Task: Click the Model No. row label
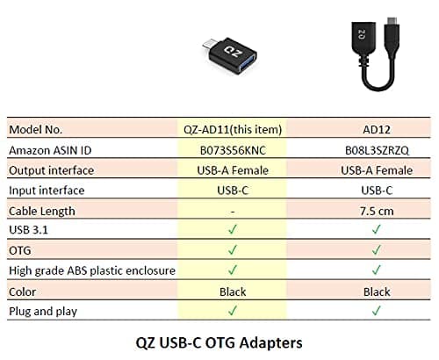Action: point(39,129)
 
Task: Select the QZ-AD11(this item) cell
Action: point(232,129)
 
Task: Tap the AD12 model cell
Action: point(376,129)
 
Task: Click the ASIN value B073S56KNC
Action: point(232,150)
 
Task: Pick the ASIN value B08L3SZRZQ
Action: point(376,150)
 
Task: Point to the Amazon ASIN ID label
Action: point(54,150)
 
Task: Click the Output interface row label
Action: point(50,170)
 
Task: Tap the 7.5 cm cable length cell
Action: point(376,211)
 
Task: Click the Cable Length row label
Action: point(42,211)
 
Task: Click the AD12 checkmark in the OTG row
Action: point(376,250)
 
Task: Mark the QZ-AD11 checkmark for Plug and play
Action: point(232,311)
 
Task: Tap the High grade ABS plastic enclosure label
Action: point(91,270)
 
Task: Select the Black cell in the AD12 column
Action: point(376,291)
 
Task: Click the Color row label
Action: point(23,291)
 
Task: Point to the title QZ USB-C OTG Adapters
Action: point(219,342)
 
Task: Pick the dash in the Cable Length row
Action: point(232,211)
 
